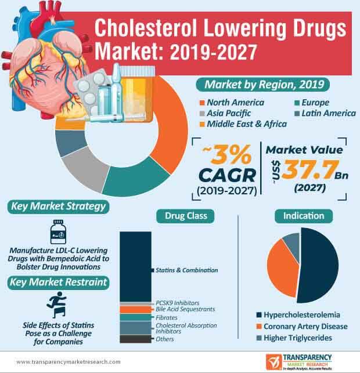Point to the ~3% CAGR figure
(226, 165)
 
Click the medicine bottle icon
(57, 231)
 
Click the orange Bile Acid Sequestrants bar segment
(135, 310)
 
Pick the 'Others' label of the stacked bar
(165, 339)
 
